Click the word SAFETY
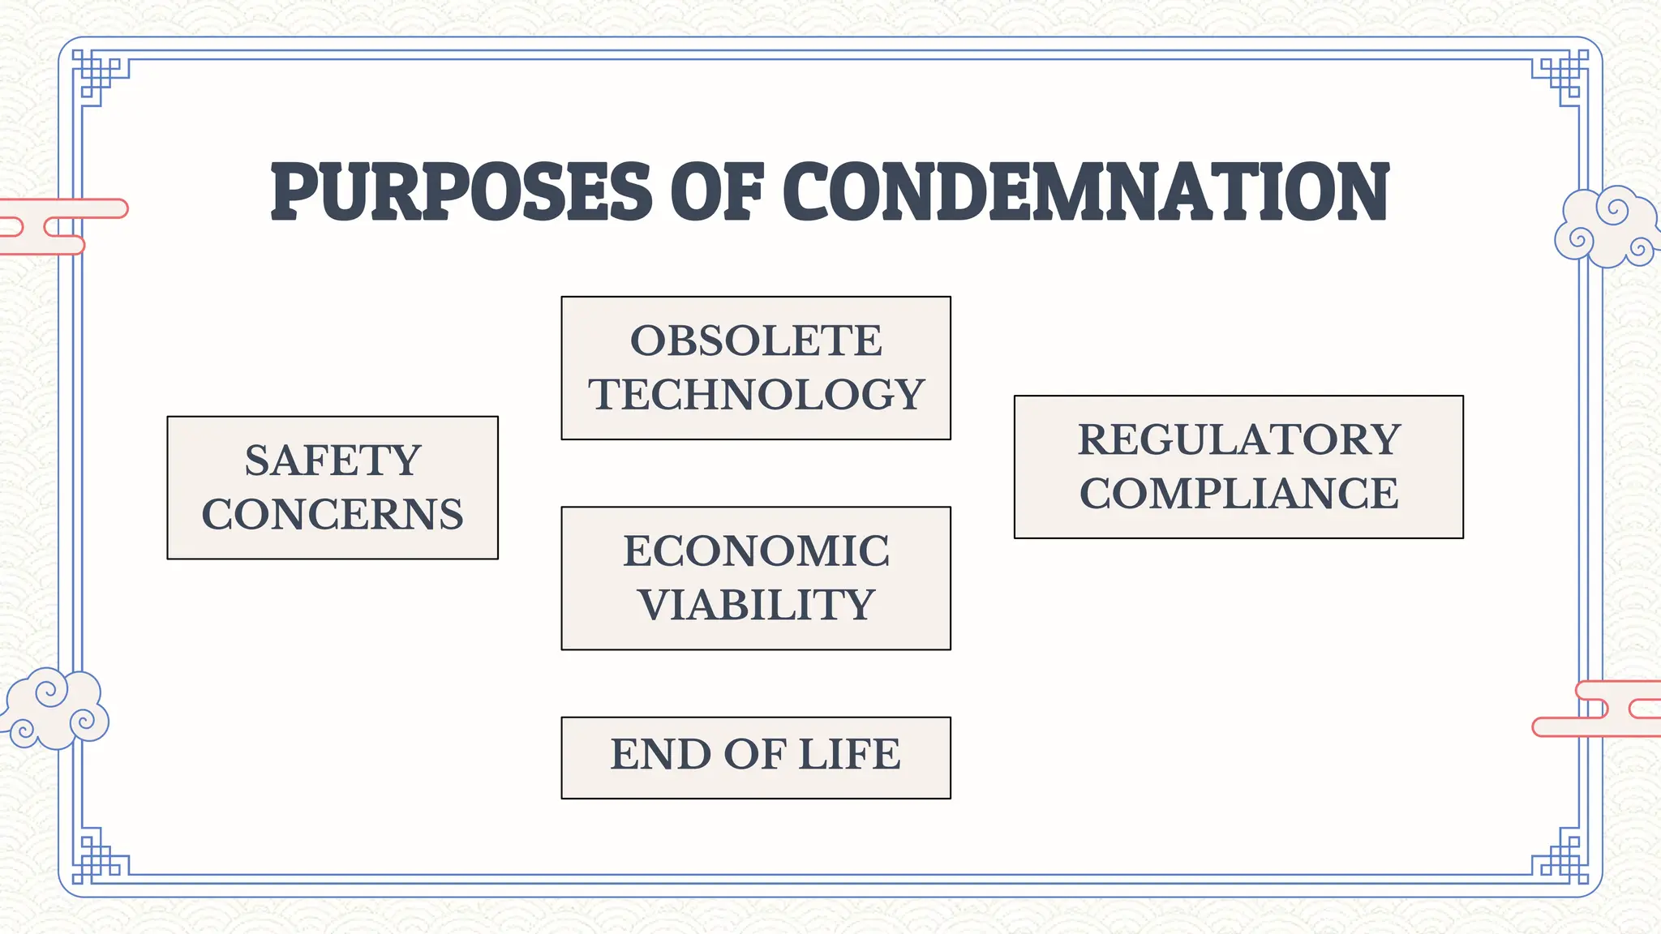(x=333, y=461)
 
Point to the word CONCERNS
(x=333, y=514)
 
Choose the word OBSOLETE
(x=756, y=341)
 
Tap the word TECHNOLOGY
(x=756, y=394)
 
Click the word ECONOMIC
(x=756, y=551)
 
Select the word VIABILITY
(x=756, y=605)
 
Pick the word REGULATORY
(x=1238, y=439)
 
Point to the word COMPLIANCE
(x=1238, y=493)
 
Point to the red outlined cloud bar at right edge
(x=1602, y=708)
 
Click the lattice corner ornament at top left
(x=99, y=77)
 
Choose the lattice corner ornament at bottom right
(x=1561, y=856)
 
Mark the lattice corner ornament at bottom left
(x=99, y=856)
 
